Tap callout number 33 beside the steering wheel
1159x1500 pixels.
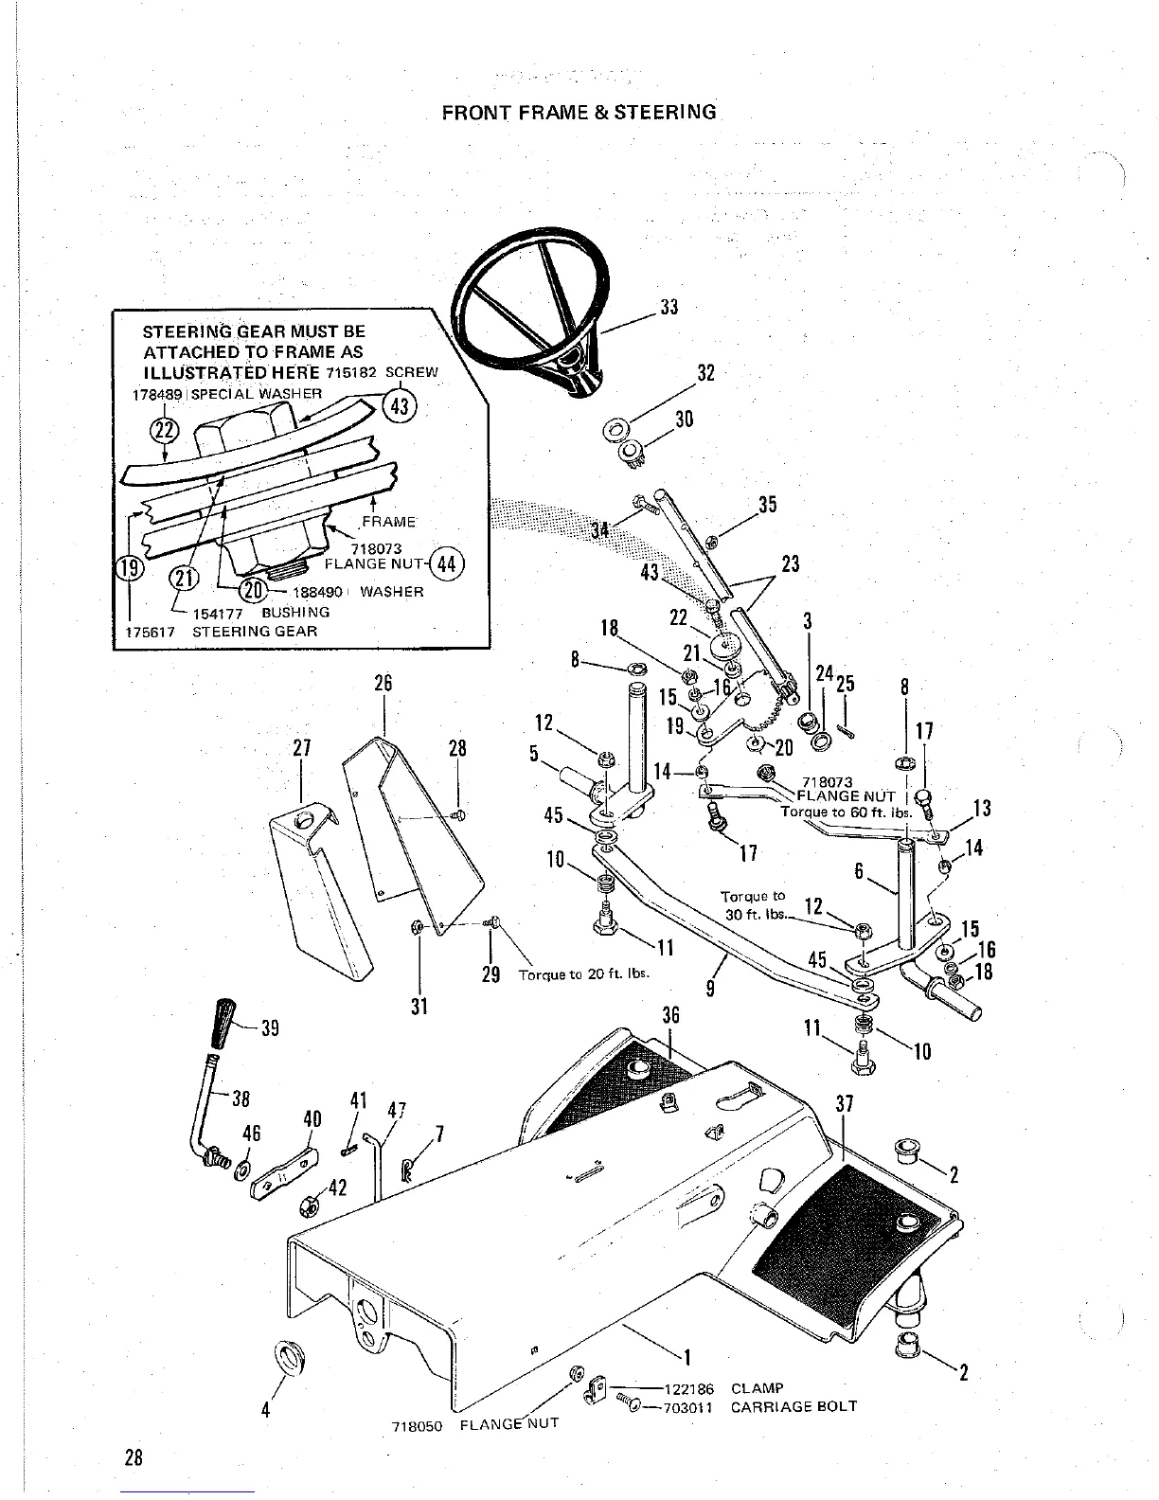pos(669,307)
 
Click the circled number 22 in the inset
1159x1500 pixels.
pos(165,431)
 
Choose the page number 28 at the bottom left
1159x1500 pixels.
pos(132,1457)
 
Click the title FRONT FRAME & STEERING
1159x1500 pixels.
pos(579,112)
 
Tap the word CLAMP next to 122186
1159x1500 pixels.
pos(757,1389)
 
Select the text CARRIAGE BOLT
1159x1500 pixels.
pos(793,1406)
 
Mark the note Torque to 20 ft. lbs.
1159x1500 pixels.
pos(582,973)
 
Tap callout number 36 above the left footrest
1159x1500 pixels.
pos(670,1015)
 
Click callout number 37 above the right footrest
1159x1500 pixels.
pos(846,1104)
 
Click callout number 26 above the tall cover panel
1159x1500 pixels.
pos(383,684)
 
